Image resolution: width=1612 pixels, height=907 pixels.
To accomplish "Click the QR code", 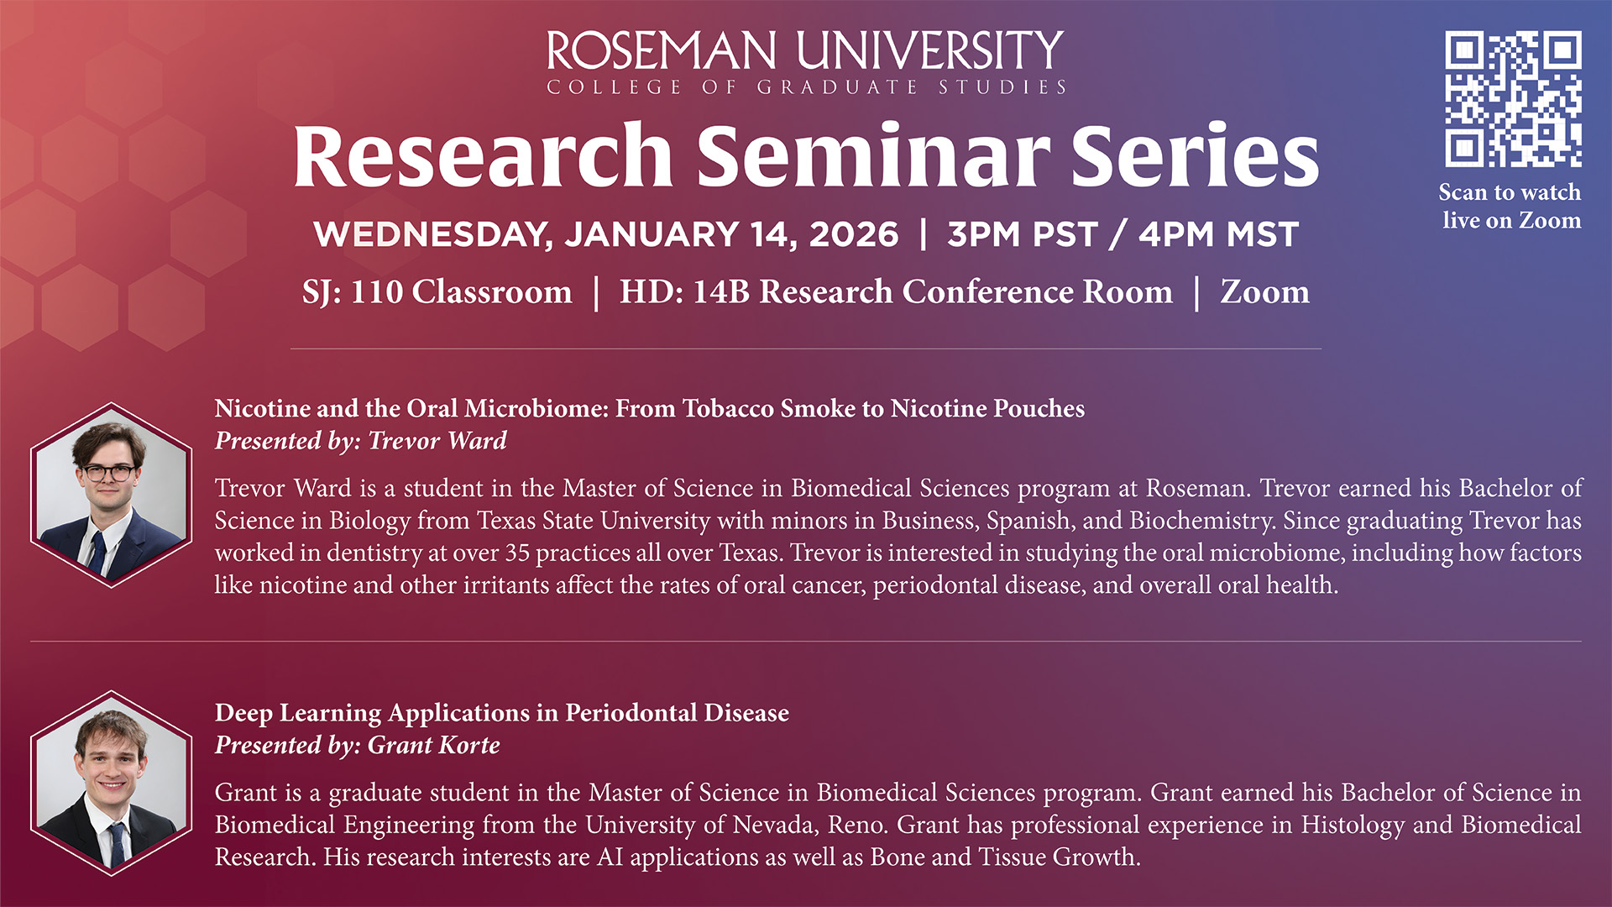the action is click(x=1513, y=99).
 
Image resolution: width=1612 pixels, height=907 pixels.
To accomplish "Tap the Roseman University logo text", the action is click(x=806, y=62).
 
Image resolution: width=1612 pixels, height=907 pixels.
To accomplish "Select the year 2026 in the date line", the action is click(x=853, y=234).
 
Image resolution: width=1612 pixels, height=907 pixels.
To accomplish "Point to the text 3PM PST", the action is click(x=1022, y=234).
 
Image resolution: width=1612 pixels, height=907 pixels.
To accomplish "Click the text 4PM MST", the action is click(x=1218, y=234).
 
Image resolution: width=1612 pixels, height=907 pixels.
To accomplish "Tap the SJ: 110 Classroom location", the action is click(x=437, y=292).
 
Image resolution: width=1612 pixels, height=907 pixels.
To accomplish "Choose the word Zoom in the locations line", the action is click(x=1264, y=292).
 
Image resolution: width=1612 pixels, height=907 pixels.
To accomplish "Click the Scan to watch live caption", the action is click(x=1510, y=207).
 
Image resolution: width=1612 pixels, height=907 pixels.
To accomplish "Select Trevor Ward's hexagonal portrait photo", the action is click(x=111, y=495).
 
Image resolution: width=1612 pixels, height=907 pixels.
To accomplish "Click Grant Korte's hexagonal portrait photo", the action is click(x=111, y=784).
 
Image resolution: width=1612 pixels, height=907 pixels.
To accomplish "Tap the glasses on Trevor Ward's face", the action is click(x=108, y=473).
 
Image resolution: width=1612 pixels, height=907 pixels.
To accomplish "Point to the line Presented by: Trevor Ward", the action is click(x=361, y=441).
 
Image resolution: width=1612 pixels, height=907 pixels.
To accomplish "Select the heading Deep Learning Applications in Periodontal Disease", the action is click(x=502, y=713).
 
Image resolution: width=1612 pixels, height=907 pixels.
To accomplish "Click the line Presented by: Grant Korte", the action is click(x=358, y=745).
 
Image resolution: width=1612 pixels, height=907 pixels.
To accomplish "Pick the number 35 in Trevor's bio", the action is click(x=517, y=553).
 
